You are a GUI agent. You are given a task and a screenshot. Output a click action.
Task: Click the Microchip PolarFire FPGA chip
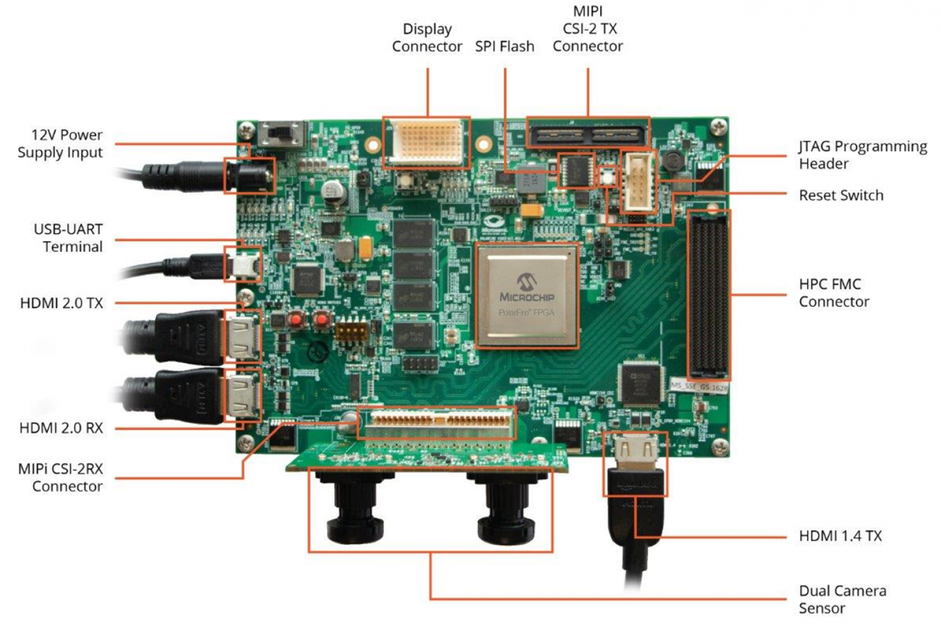point(526,296)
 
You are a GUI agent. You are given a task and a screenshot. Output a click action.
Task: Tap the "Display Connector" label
point(427,38)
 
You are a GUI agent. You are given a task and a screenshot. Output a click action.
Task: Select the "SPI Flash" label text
point(504,47)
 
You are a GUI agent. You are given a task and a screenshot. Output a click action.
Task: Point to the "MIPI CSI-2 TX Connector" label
point(587,29)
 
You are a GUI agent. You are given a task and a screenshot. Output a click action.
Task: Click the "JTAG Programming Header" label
point(862,155)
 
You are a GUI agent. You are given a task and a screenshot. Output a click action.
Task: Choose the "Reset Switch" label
point(840,196)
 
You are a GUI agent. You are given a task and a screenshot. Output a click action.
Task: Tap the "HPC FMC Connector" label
point(834,293)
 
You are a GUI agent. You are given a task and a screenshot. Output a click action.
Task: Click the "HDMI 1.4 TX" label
point(840,536)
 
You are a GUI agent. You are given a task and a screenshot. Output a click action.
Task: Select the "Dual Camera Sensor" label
point(842,599)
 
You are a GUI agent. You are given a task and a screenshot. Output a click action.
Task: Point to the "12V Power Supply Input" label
point(60,144)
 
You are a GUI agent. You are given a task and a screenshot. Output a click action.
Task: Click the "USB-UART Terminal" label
point(68,238)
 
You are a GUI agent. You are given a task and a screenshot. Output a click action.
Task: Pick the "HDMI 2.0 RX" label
point(61,428)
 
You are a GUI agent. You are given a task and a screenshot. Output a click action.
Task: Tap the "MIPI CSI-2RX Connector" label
point(61,477)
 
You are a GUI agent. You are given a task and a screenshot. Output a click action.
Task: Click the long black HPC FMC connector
point(708,294)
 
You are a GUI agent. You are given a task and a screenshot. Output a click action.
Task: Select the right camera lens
point(506,509)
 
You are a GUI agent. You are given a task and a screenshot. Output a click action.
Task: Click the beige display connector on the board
point(426,142)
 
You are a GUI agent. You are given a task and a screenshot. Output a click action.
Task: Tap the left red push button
point(296,319)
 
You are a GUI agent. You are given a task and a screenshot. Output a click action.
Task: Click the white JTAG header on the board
point(639,182)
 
